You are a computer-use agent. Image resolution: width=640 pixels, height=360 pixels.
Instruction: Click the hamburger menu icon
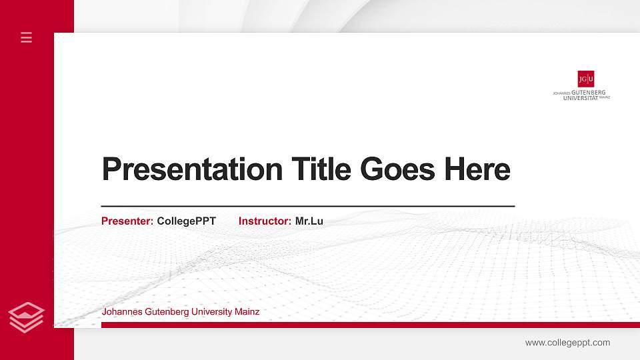pyautogui.click(x=27, y=37)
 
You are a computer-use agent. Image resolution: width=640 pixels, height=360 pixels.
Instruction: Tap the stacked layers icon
pyautogui.click(x=27, y=317)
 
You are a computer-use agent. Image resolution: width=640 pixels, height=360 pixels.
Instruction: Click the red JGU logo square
pyautogui.click(x=586, y=79)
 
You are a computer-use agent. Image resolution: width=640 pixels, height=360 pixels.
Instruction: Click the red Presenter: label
pyautogui.click(x=127, y=221)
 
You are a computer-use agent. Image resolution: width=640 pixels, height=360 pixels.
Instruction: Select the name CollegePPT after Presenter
pyautogui.click(x=186, y=221)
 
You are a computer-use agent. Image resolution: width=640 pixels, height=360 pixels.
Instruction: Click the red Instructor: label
pyautogui.click(x=265, y=221)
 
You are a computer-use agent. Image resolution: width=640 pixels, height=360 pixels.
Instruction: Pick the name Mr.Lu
pyautogui.click(x=309, y=221)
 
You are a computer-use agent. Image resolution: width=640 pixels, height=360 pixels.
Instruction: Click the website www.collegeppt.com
pyautogui.click(x=567, y=343)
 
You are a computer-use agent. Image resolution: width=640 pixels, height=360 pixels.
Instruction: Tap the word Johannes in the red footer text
pyautogui.click(x=119, y=311)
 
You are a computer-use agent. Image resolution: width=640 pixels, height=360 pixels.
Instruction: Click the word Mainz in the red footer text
pyautogui.click(x=247, y=311)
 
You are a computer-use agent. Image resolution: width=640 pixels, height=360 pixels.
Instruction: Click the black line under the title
pyautogui.click(x=307, y=206)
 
